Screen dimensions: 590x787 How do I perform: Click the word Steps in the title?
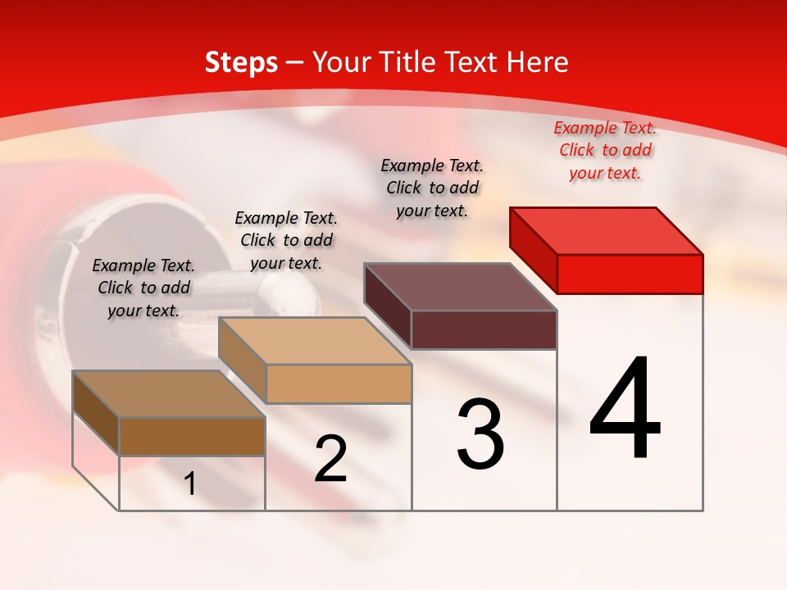[x=241, y=62]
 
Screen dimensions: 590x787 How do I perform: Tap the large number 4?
[x=625, y=409]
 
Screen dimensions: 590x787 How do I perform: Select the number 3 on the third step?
[x=480, y=434]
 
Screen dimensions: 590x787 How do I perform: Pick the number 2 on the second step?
[x=330, y=459]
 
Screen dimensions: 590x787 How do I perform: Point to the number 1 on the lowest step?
[x=190, y=484]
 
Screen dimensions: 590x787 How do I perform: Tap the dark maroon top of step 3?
[x=460, y=287]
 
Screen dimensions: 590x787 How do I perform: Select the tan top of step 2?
[x=315, y=341]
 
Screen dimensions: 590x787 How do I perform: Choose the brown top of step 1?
[x=168, y=394]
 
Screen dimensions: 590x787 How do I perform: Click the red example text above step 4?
[x=605, y=151]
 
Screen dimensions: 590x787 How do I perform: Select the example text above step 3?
[x=432, y=188]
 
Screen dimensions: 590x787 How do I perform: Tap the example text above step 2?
[x=286, y=240]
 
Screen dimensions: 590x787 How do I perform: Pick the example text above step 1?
[x=143, y=288]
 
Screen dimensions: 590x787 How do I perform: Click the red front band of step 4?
[x=630, y=274]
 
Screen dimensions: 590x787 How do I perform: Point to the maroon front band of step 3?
[x=484, y=329]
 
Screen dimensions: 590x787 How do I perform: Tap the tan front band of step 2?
[x=339, y=383]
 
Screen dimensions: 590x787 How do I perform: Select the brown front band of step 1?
[x=192, y=437]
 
